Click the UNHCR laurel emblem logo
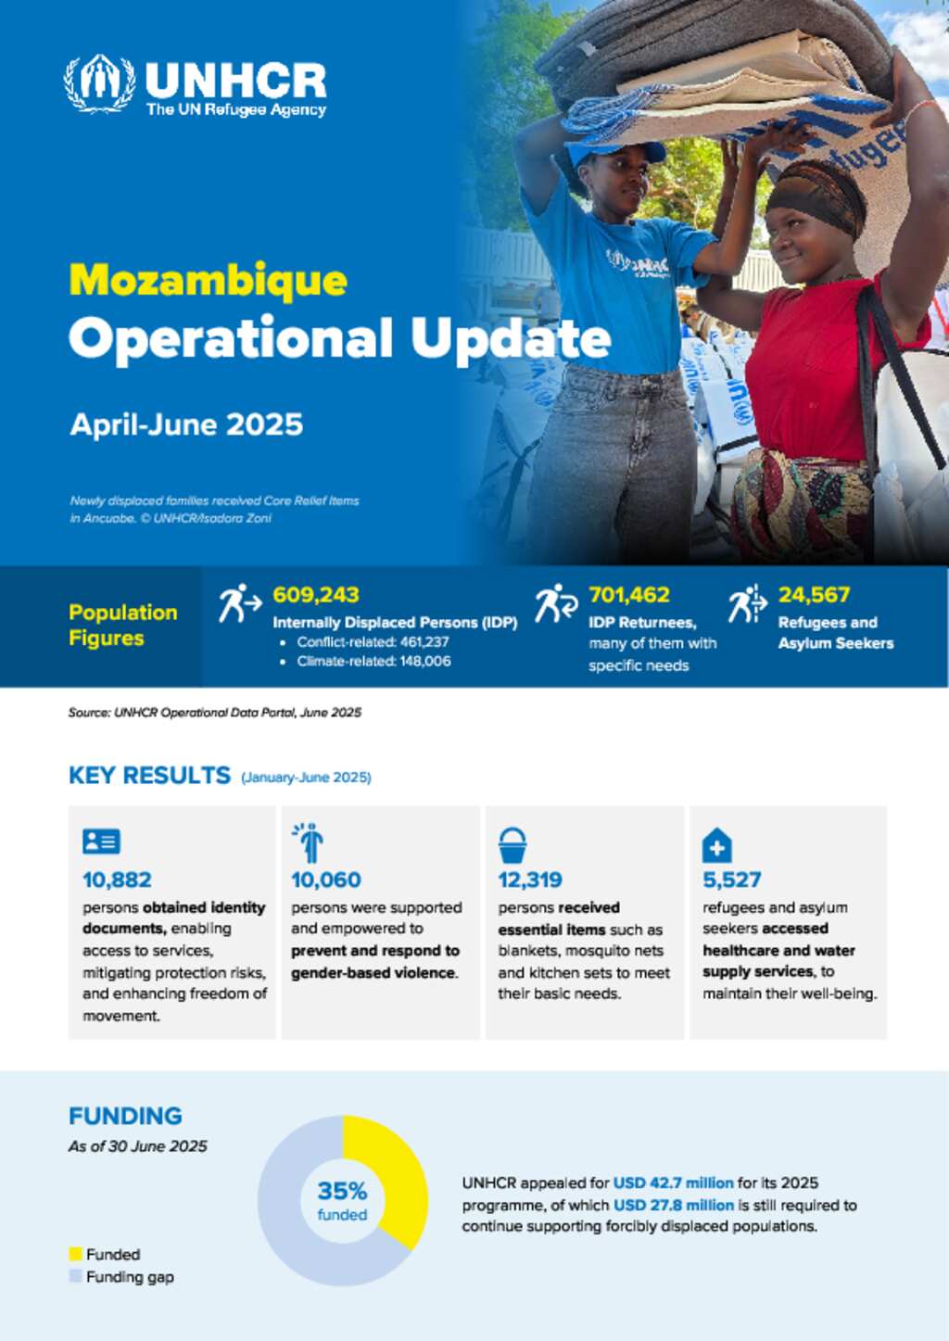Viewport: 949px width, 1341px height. pyautogui.click(x=100, y=83)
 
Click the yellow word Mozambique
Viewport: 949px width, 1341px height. pyautogui.click(x=208, y=280)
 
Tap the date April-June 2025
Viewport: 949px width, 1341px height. pyautogui.click(x=186, y=425)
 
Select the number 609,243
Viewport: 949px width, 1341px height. pyautogui.click(x=316, y=594)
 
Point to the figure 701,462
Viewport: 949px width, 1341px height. pyautogui.click(x=629, y=594)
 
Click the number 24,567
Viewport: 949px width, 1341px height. pyautogui.click(x=814, y=594)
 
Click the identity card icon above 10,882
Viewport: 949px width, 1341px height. pyautogui.click(x=101, y=841)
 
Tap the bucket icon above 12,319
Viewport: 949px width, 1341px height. pyautogui.click(x=512, y=844)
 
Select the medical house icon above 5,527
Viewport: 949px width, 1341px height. pyautogui.click(x=716, y=844)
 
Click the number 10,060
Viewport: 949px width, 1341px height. pyautogui.click(x=326, y=880)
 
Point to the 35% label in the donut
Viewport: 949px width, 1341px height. pyautogui.click(x=343, y=1191)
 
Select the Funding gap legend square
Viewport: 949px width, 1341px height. pyautogui.click(x=75, y=1276)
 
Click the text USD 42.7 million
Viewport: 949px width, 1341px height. pyautogui.click(x=673, y=1183)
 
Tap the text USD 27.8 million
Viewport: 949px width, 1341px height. pyautogui.click(x=674, y=1205)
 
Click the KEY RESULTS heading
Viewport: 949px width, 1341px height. pyautogui.click(x=150, y=776)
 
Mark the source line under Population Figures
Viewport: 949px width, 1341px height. pyautogui.click(x=215, y=713)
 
